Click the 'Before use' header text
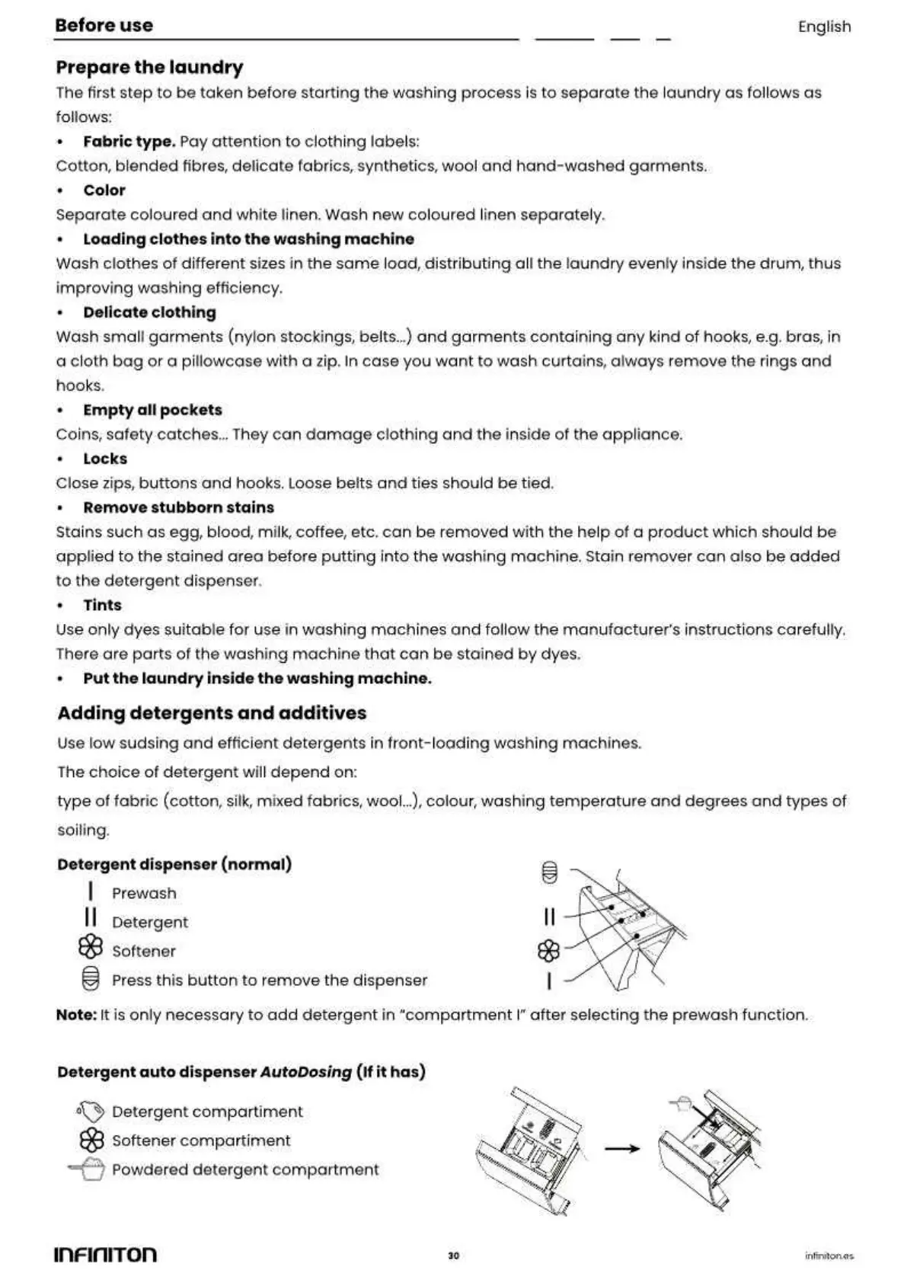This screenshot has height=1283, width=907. coord(104,25)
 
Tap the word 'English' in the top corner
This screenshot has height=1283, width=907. coord(824,27)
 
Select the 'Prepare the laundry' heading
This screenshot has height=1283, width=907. coord(149,68)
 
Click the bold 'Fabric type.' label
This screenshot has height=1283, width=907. coord(129,142)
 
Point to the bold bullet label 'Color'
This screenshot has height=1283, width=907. coord(104,190)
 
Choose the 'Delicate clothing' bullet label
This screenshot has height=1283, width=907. coord(149,312)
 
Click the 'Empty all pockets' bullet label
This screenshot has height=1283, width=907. coord(152,410)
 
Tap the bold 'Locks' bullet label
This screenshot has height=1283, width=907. coord(105,459)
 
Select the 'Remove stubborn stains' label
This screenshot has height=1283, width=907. coord(178,507)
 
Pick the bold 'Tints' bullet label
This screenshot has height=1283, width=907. coord(102,605)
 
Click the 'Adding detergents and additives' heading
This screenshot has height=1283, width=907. coord(212,713)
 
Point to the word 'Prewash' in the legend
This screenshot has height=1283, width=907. coord(144,894)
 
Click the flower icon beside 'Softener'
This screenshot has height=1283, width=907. coord(91,947)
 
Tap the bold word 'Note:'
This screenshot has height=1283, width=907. coord(76,1015)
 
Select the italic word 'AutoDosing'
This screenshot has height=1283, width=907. coord(305,1072)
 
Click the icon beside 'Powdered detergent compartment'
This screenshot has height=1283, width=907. coord(88,1169)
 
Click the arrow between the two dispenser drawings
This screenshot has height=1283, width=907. coord(622,1147)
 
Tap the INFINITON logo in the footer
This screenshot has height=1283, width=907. coord(106,1254)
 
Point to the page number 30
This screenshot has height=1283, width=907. coord(454,1256)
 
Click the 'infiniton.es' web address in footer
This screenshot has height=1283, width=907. coord(829,1256)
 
